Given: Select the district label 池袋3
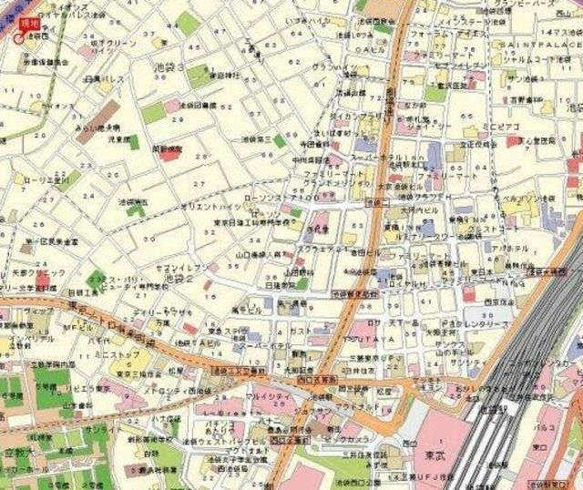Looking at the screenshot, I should pos(169,68).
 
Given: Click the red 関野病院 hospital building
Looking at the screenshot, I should pos(169,151).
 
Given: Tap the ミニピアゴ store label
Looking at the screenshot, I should pos(500,124).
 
